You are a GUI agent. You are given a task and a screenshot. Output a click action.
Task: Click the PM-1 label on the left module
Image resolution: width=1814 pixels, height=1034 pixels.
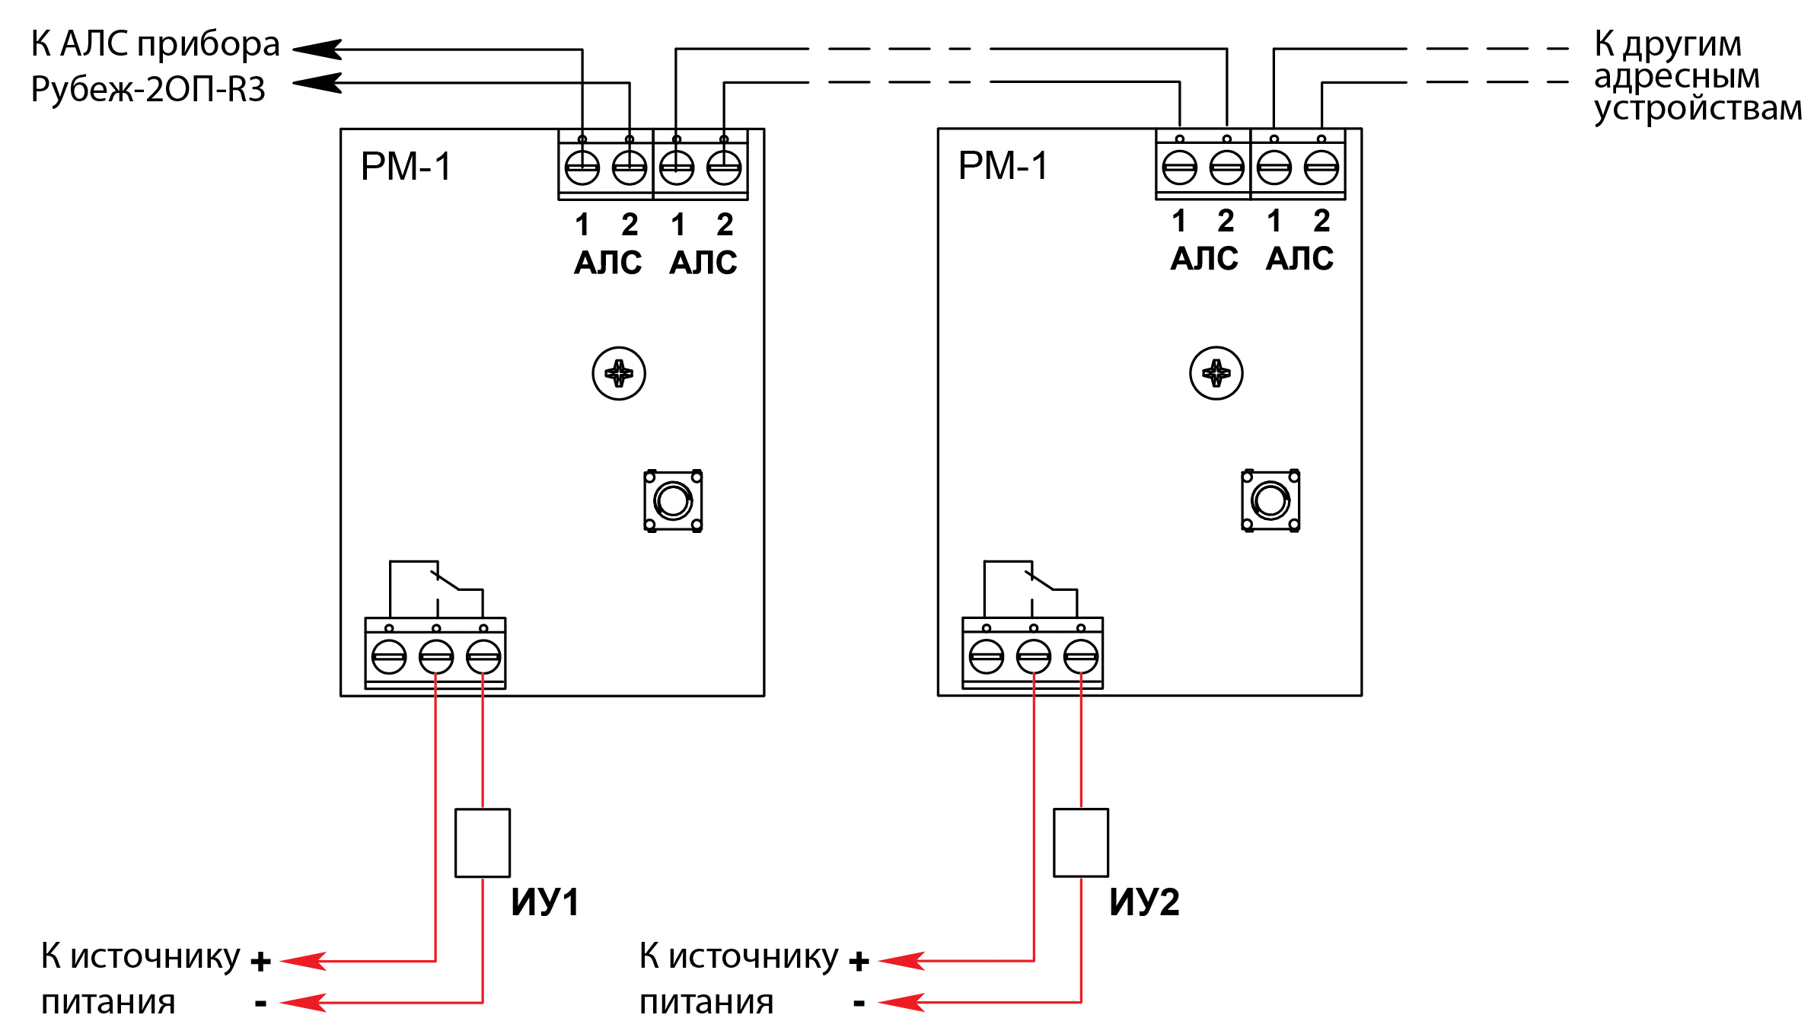click(x=406, y=167)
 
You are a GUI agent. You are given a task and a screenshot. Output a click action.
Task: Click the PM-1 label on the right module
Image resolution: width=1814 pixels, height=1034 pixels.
click(x=1003, y=166)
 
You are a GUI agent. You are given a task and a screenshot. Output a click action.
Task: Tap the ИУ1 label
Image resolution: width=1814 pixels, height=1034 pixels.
click(x=545, y=902)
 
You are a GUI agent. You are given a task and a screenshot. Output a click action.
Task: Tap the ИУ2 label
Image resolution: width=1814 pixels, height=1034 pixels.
click(x=1144, y=902)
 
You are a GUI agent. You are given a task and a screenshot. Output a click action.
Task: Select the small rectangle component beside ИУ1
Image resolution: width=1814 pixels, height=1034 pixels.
click(x=483, y=843)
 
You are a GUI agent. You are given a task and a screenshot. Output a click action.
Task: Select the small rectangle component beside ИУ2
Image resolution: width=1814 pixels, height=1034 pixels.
click(x=1081, y=843)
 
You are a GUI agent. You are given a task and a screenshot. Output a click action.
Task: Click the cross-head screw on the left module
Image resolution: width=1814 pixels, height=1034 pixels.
click(x=619, y=374)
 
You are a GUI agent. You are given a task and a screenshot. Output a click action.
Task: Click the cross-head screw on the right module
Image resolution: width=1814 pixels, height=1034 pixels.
click(x=1216, y=373)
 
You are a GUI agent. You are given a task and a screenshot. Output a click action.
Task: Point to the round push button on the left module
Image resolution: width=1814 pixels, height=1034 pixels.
click(x=674, y=501)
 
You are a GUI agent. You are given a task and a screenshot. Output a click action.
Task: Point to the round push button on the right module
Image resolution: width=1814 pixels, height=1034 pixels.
click(x=1271, y=501)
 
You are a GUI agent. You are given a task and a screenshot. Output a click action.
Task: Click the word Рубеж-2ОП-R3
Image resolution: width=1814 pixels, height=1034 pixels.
click(x=148, y=90)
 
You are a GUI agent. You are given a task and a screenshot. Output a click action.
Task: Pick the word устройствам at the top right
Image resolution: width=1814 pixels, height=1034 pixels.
click(x=1698, y=108)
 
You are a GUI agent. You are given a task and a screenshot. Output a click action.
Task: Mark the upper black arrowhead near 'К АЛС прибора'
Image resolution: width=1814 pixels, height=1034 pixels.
click(x=318, y=49)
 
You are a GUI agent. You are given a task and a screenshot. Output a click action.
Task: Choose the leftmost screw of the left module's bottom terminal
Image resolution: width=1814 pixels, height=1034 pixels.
click(x=389, y=656)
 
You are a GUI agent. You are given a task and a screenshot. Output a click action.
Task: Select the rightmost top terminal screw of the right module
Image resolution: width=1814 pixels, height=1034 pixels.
click(x=1321, y=168)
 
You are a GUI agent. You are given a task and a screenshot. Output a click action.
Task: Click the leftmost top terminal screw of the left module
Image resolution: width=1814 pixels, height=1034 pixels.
click(x=582, y=168)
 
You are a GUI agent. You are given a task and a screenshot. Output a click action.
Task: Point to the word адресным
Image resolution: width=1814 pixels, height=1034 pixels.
click(x=1677, y=76)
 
